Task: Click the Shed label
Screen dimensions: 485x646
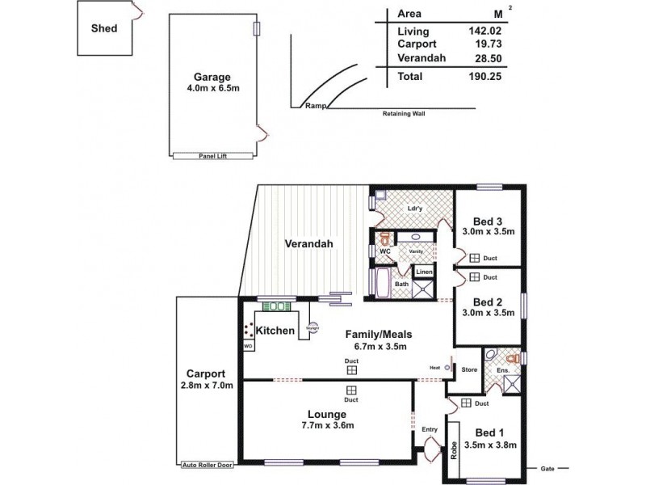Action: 103,28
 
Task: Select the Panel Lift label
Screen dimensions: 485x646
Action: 214,155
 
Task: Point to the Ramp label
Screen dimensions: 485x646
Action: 313,107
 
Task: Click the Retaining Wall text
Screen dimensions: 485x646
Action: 404,114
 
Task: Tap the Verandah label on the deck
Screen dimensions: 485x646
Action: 308,244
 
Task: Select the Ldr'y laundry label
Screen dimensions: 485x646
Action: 415,209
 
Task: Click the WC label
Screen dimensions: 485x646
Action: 385,252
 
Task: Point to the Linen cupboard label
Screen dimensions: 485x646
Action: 425,272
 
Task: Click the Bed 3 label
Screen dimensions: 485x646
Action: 489,221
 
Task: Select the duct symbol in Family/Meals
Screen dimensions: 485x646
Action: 351,370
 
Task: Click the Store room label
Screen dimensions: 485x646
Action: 469,369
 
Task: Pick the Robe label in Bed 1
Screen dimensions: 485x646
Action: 455,448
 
